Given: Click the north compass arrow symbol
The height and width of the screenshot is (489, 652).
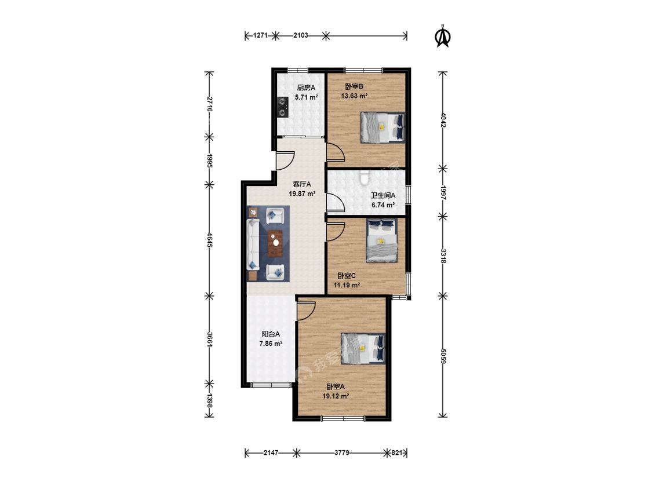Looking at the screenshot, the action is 442,36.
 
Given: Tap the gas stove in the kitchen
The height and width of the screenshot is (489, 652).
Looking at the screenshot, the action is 282,107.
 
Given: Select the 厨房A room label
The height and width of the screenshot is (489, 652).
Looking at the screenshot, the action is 306,87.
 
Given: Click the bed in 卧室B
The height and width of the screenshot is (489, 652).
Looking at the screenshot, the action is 383,127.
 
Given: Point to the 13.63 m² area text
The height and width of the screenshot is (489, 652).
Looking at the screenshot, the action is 354,96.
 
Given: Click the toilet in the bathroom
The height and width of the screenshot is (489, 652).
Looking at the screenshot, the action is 365,177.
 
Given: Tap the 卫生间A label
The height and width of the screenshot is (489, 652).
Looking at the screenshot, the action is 383,195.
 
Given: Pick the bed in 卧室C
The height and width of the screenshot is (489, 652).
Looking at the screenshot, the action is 382,241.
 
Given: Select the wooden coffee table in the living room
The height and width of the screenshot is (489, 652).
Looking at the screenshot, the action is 275,243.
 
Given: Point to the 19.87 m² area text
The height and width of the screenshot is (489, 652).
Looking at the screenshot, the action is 302,194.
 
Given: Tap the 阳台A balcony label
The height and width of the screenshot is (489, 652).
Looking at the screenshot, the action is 271,334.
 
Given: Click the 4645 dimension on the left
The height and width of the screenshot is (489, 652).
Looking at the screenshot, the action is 210,240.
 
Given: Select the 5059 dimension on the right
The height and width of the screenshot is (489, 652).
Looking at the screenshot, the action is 443,356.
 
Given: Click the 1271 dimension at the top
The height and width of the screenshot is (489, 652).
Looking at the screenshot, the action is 260,35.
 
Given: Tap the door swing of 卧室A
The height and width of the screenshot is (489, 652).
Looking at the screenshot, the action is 307,310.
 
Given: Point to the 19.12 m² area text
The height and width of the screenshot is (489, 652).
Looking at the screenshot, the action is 336,396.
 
